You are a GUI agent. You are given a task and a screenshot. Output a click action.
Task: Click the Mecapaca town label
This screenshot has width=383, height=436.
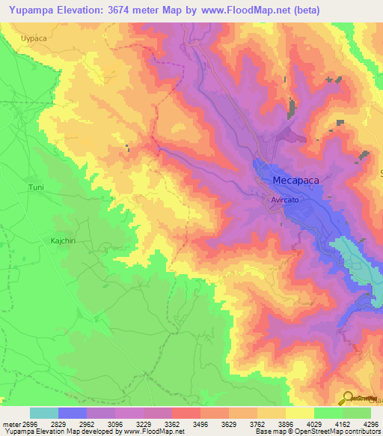(298, 181)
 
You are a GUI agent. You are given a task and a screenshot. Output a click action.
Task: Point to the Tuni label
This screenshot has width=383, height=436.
(36, 187)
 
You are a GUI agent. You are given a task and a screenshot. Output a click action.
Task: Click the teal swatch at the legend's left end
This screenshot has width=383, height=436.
(44, 413)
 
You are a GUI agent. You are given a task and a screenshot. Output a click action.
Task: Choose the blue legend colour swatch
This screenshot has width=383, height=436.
(73, 413)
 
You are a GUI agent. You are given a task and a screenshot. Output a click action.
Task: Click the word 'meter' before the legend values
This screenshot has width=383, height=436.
(10, 423)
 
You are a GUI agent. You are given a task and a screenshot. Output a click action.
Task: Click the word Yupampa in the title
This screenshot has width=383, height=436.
(32, 10)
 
